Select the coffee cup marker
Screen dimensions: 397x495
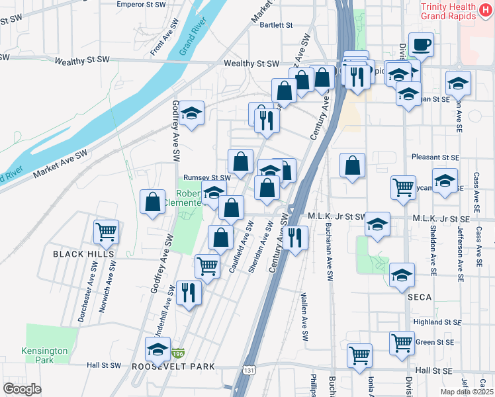click(421, 45)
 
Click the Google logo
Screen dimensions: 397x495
click(22, 389)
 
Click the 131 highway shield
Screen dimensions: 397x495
click(248, 366)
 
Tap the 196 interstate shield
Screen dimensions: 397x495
click(177, 355)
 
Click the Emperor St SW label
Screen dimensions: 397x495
click(140, 4)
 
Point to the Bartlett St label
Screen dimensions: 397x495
click(276, 25)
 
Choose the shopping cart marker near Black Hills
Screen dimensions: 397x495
click(106, 232)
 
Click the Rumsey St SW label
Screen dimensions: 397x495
click(206, 177)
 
